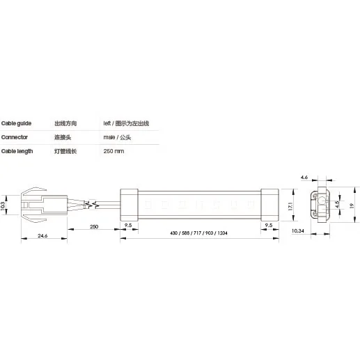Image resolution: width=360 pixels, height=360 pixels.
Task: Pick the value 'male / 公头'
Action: [118, 137]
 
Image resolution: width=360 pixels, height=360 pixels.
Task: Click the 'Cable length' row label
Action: [17, 151]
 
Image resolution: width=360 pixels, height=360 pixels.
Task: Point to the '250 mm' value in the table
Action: [113, 151]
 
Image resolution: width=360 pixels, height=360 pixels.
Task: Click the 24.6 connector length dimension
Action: [42, 237]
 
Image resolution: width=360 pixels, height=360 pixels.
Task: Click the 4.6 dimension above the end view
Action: [304, 178]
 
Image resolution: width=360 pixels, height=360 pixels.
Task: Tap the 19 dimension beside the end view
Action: [352, 206]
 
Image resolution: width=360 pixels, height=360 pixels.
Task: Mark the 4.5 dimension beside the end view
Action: [337, 205]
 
